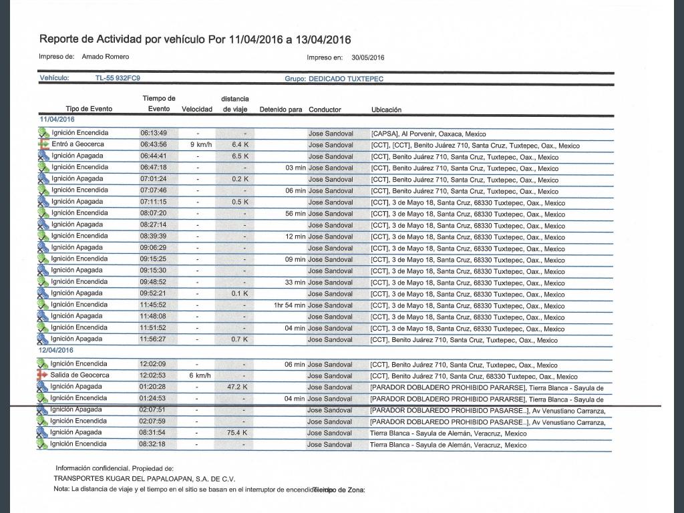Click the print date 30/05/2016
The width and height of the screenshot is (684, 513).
click(368, 57)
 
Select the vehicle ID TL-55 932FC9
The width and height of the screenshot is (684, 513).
click(118, 78)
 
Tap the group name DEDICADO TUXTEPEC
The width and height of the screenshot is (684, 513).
click(346, 79)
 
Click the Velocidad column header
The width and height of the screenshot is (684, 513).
click(197, 109)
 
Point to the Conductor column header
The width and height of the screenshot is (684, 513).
click(325, 110)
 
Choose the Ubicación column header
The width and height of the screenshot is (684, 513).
click(386, 110)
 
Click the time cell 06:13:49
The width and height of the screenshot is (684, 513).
click(153, 133)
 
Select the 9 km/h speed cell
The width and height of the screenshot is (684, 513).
click(201, 144)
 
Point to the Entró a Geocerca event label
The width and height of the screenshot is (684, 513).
click(77, 144)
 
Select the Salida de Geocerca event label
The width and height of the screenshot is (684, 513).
click(79, 375)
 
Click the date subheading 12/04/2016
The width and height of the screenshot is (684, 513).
click(57, 351)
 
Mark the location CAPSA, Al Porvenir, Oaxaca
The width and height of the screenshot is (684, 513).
click(428, 134)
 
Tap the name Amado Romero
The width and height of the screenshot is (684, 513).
click(106, 57)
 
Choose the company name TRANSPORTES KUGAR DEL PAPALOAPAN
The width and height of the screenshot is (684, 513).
click(144, 479)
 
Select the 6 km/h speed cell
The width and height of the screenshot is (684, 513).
click(200, 375)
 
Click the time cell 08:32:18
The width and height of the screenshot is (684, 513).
click(153, 444)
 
